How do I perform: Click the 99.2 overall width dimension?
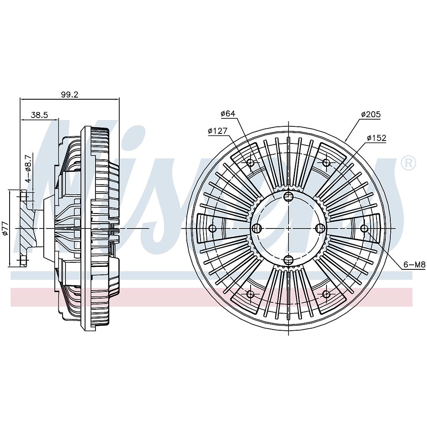click(70, 95)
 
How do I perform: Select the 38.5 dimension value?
click(39, 115)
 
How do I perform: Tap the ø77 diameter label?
click(5, 228)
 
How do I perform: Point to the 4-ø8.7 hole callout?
click(28, 168)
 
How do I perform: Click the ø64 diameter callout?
click(228, 113)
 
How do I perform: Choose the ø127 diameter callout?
click(218, 131)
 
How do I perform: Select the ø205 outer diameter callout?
click(371, 114)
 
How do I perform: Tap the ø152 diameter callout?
click(377, 138)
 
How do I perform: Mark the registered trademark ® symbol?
click(408, 163)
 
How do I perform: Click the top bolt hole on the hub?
click(289, 196)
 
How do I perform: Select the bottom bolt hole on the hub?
click(289, 260)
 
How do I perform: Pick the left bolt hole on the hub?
click(257, 228)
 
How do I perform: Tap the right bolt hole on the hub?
click(320, 228)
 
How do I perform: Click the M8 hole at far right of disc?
click(364, 228)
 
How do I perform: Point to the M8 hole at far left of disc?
click(213, 228)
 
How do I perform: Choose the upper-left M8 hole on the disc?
click(250, 163)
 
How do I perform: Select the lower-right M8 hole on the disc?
click(326, 294)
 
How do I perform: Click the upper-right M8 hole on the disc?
click(326, 163)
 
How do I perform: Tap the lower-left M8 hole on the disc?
click(250, 294)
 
